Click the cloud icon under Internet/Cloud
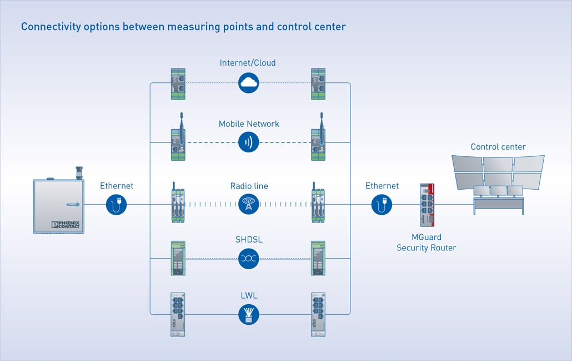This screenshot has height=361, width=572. point(249,83)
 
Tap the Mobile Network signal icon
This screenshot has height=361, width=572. point(249,142)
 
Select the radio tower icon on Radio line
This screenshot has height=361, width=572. point(249,204)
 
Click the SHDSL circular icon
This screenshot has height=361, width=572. point(249,259)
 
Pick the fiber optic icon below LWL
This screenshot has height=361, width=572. point(249,314)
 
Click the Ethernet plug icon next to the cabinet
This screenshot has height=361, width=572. point(117,204)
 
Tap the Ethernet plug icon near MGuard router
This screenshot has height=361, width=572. point(382,204)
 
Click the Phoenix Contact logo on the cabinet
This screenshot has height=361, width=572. point(66,225)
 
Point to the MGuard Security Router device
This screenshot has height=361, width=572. point(427,206)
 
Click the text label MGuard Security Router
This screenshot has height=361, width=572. point(427,243)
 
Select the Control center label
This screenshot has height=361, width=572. point(498,147)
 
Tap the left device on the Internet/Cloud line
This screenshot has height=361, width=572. point(178,84)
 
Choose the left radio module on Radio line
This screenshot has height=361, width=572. point(178,205)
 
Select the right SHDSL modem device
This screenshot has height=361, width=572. point(318,258)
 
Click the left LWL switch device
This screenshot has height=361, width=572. point(178,314)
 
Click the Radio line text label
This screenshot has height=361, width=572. point(249,186)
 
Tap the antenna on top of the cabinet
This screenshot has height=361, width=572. point(78,171)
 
